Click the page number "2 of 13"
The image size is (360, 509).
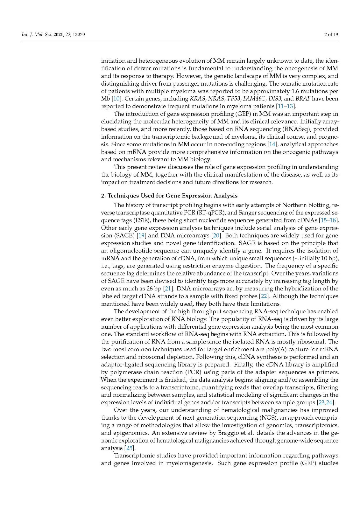pyautogui.click(x=331, y=34)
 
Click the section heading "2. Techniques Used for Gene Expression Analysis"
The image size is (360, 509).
pyautogui.click(x=169, y=196)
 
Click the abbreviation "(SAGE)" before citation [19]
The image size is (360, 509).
pyautogui.click(x=124, y=235)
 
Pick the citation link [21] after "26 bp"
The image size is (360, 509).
pyautogui.click(x=168, y=289)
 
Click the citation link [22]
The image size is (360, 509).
pyautogui.click(x=264, y=296)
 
